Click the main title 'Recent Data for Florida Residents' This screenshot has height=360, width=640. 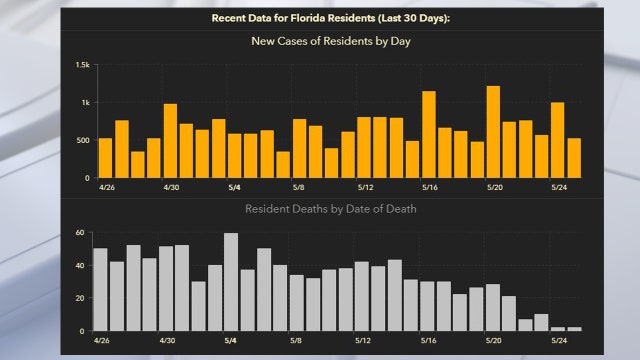click(321, 19)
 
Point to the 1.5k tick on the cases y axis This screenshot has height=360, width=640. click(81, 65)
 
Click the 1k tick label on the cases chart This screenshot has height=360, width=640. click(84, 103)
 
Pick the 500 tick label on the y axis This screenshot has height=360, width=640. click(81, 140)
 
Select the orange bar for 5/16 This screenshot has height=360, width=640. click(428, 135)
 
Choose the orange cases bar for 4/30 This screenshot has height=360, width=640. click(170, 141)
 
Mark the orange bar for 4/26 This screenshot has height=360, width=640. click(105, 158)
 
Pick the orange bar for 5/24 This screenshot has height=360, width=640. click(558, 140)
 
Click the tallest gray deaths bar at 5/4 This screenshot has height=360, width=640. click(231, 282)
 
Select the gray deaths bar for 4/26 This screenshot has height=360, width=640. click(100, 290)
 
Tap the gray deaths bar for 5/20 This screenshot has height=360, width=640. click(492, 307)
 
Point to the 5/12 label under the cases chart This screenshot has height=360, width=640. click(365, 187)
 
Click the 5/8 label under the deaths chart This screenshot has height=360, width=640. click(297, 340)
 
